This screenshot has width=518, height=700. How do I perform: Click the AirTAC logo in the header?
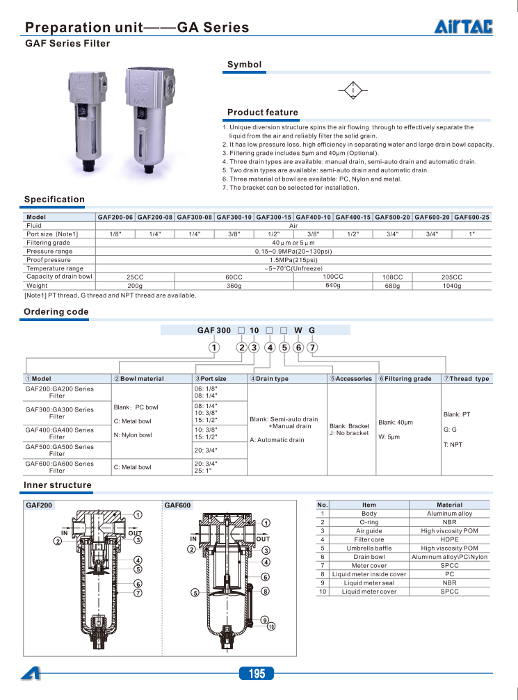tap(464, 26)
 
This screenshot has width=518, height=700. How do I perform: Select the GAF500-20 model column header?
tap(392, 217)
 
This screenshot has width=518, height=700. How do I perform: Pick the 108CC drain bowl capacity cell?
tap(393, 277)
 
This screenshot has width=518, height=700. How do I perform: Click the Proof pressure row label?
tap(49, 259)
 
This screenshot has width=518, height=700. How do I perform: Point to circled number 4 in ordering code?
tap(270, 348)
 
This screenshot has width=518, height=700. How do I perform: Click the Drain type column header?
tap(269, 379)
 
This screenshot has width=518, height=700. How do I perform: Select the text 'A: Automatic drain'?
tap(277, 440)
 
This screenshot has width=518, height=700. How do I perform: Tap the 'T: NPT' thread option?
tap(453, 444)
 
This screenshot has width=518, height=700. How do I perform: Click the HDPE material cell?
tap(449, 539)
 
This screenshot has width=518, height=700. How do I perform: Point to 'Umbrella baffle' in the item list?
tap(369, 548)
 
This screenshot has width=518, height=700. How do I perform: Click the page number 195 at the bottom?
tap(257, 674)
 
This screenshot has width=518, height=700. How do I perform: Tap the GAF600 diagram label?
tap(177, 505)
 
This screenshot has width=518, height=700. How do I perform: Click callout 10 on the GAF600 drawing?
tap(271, 626)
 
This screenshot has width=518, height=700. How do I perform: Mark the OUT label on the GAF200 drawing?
tap(135, 533)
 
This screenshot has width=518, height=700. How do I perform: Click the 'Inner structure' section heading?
tap(58, 485)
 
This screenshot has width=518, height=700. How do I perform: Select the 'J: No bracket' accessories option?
tap(349, 433)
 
